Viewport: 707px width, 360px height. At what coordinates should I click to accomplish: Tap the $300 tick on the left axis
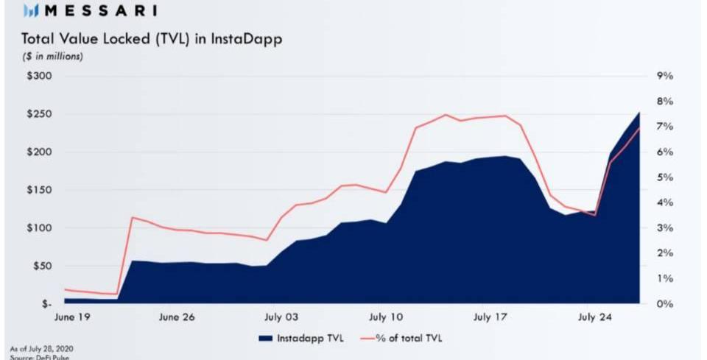[39, 76]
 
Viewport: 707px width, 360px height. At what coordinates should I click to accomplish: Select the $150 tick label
[39, 190]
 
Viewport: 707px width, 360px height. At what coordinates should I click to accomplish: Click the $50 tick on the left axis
[42, 266]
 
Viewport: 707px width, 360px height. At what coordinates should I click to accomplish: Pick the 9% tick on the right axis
[665, 76]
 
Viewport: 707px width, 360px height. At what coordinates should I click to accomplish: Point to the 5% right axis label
[665, 177]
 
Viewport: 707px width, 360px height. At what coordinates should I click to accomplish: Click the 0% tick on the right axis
[665, 304]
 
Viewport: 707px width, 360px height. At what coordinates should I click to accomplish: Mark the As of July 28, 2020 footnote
[41, 347]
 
